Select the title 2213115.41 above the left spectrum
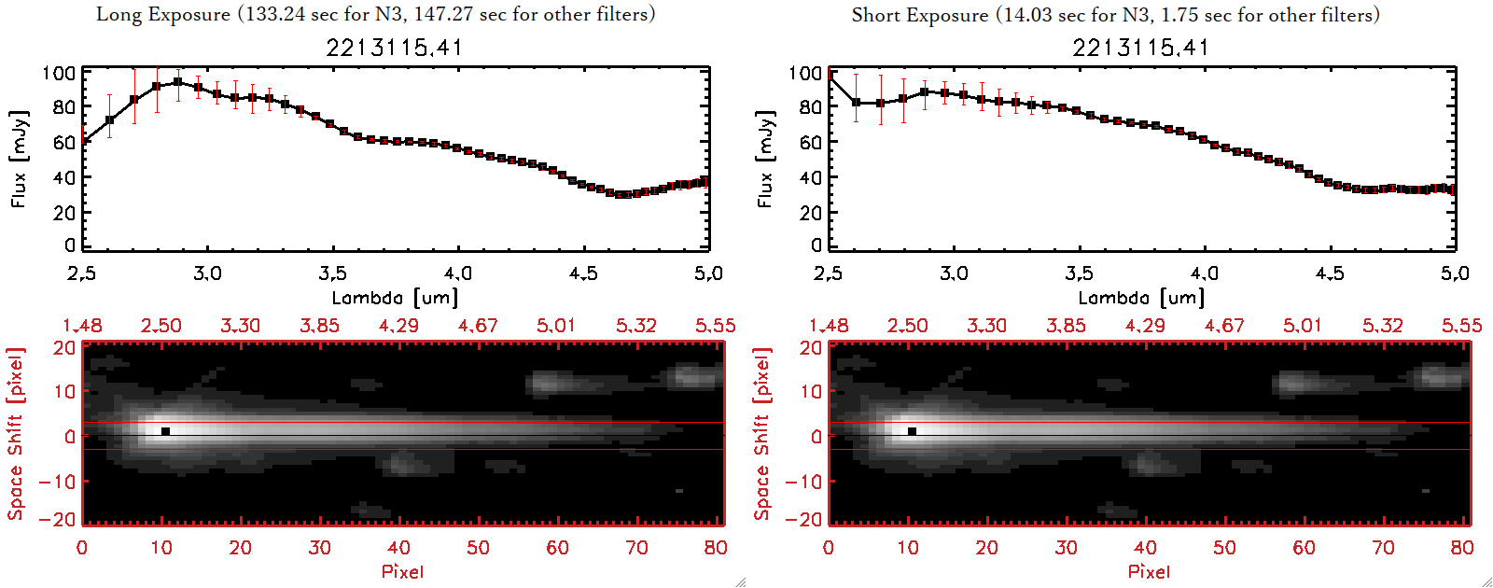point(394,48)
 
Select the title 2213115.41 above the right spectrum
point(1140,48)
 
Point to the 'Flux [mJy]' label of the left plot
point(20,159)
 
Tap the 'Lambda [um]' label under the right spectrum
point(1141,298)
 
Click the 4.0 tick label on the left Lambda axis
point(457,273)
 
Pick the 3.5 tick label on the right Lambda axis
point(1079,273)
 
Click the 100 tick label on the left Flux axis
point(59,73)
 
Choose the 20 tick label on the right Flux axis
point(811,213)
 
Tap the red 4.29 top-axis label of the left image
point(398,326)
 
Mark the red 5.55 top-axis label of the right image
point(1461,326)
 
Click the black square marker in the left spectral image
point(165,431)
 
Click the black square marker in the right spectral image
point(912,431)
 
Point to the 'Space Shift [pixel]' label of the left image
point(16,434)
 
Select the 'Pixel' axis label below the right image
point(1149,571)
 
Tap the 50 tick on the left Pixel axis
point(478,548)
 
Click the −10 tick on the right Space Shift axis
point(803,482)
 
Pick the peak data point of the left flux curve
point(177,82)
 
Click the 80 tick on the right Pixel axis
point(1462,548)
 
